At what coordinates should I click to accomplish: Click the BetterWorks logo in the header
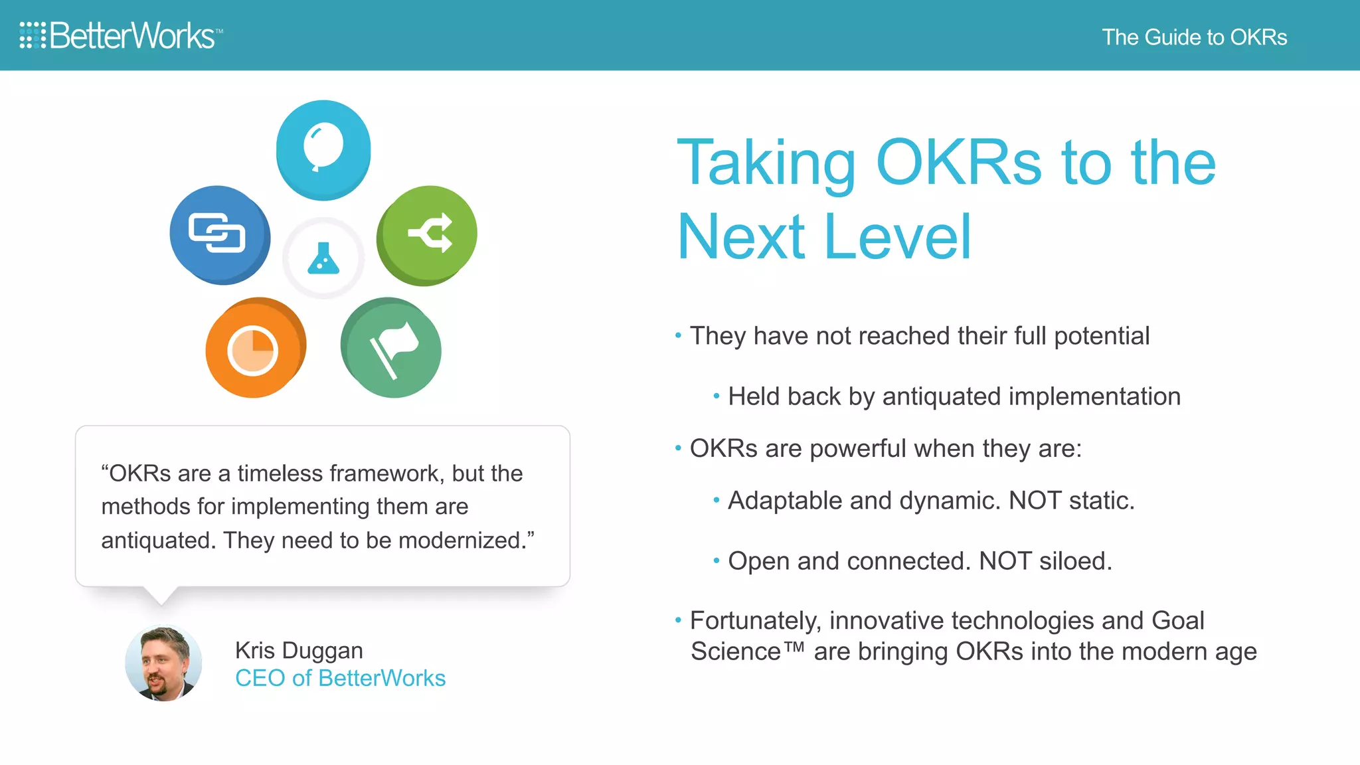point(121,36)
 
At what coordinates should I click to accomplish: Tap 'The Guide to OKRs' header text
point(1194,37)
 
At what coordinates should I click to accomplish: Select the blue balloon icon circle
point(323,149)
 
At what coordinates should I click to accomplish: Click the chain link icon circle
point(219,234)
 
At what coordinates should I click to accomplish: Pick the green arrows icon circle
point(427,234)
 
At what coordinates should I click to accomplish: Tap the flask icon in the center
point(323,258)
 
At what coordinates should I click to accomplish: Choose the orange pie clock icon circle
point(255,347)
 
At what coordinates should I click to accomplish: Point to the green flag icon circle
point(392,347)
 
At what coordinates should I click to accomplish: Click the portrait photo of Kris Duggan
point(163,663)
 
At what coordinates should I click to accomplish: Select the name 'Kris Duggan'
point(299,650)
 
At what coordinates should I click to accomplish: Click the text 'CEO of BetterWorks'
point(340,678)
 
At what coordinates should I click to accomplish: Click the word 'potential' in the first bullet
point(1101,336)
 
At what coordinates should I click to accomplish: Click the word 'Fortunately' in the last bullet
point(754,621)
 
